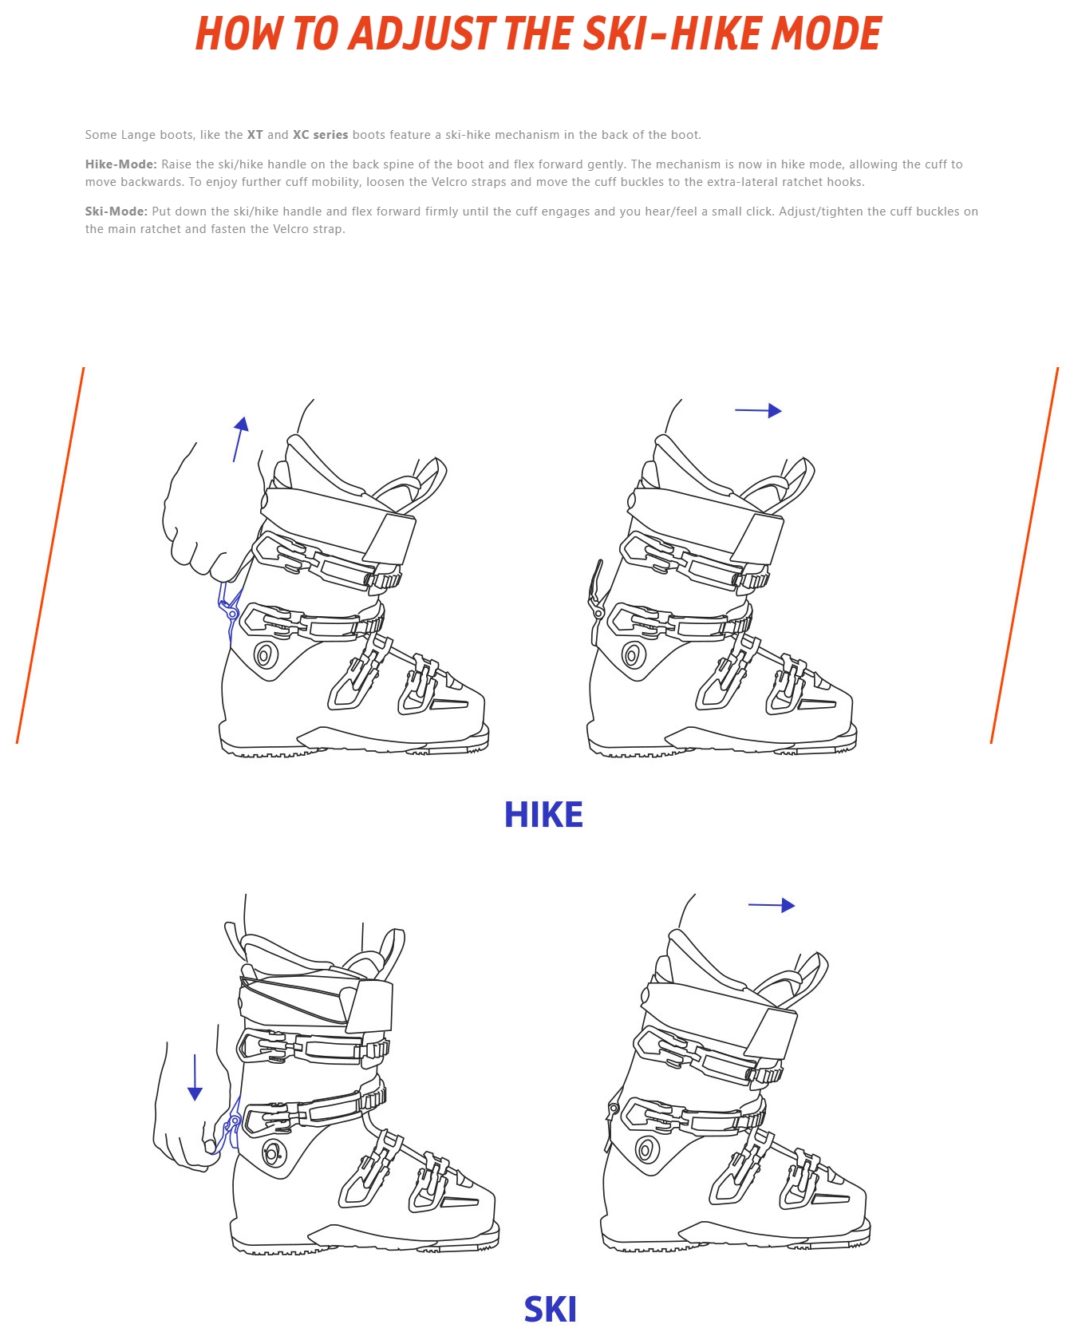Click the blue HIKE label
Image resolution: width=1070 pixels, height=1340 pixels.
(543, 815)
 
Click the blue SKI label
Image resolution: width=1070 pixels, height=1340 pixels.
(551, 1310)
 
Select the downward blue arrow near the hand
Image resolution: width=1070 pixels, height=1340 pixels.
(195, 1077)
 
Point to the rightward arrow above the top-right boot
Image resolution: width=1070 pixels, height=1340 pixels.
(758, 410)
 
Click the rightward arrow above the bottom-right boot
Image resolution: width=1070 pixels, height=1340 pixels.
(772, 905)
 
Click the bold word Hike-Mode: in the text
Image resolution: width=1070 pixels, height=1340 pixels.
(121, 164)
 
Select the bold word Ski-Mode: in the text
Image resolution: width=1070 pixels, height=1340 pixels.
(116, 211)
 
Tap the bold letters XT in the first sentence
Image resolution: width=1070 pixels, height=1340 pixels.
(255, 135)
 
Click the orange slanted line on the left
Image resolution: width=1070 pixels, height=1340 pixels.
(50, 555)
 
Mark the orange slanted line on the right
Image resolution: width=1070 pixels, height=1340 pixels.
(1025, 555)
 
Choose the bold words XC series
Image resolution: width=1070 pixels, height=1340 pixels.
(321, 135)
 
